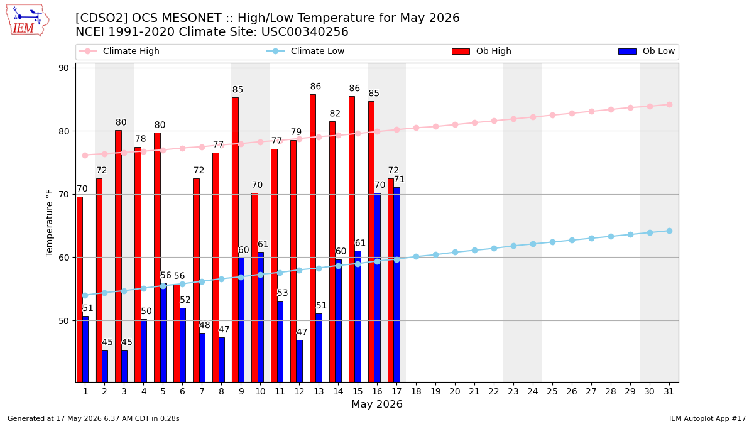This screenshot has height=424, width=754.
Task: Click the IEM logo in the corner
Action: point(28,21)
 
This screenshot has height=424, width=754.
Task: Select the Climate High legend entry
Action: point(119,51)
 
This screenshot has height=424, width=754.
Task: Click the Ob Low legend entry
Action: point(647,51)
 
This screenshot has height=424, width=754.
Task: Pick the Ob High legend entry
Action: point(481,51)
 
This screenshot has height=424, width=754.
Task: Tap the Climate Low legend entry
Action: point(305,51)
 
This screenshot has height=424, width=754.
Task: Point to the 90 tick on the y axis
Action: point(63,68)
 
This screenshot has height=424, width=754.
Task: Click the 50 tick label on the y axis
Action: point(63,321)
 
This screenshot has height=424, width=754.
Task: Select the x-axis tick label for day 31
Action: point(669,392)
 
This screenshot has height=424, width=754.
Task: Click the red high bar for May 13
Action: point(313,238)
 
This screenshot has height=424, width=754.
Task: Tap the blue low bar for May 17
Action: point(397,285)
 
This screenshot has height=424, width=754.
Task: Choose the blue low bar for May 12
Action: point(300,361)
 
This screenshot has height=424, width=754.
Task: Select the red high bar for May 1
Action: point(80,290)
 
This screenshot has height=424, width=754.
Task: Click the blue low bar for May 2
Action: point(105,366)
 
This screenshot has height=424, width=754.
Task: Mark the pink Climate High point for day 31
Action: point(670,105)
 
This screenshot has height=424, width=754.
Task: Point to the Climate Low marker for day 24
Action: point(533,244)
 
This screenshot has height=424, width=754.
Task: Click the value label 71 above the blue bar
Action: point(399,180)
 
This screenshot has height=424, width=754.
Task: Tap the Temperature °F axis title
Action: point(49,223)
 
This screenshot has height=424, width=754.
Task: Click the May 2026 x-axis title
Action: point(377,404)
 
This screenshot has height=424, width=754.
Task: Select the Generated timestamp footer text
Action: point(94,418)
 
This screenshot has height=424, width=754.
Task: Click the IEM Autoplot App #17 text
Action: point(708,418)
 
